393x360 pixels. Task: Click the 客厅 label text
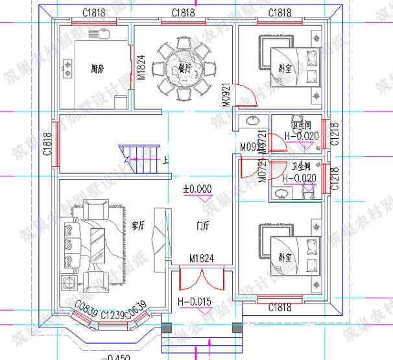137,225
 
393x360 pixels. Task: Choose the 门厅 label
202,226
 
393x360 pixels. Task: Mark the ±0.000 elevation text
198,189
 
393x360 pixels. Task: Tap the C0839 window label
86,309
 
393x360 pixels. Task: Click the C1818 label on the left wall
47,144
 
